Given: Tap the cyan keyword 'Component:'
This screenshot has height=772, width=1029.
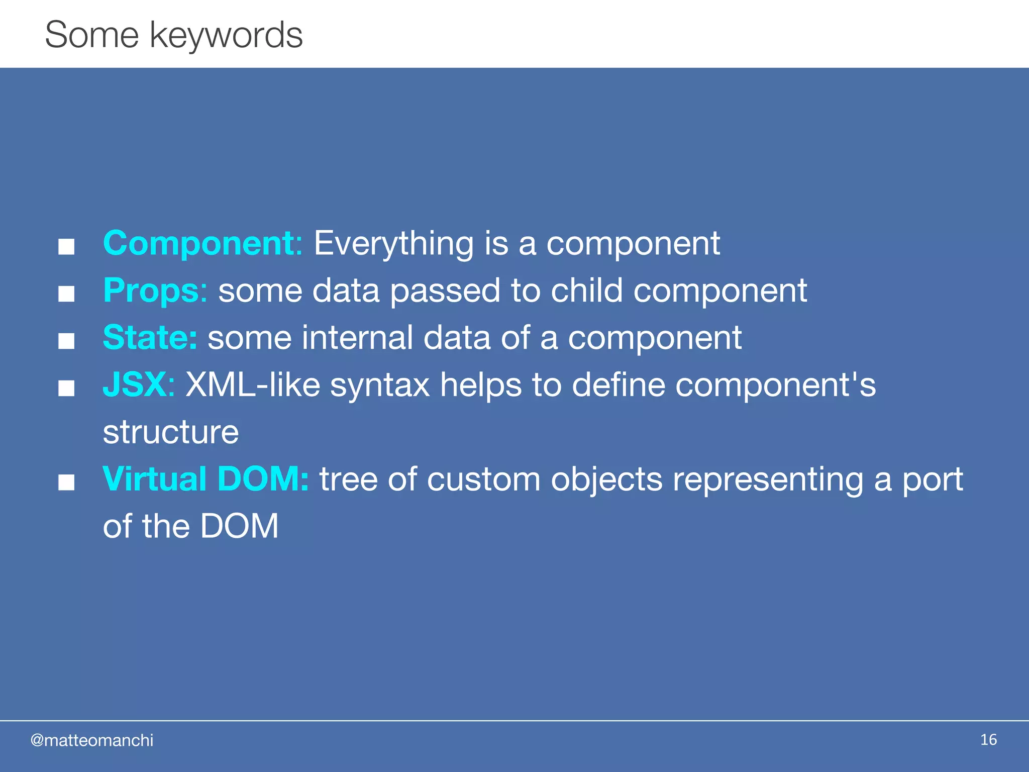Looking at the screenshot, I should pos(202,244).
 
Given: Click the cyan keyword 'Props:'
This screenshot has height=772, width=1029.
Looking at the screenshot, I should pos(155,291).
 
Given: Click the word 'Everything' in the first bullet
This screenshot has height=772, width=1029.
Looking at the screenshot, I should pos(393,244).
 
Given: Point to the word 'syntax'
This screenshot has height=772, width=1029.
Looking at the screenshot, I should pos(380,385).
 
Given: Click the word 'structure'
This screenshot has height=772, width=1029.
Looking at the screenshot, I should pos(170,432).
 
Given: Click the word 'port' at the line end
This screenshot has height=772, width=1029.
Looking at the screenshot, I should pos(933,480).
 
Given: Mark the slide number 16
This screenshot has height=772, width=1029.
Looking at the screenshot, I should pos(988,740).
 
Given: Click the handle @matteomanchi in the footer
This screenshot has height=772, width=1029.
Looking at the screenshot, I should pos(92,740).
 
